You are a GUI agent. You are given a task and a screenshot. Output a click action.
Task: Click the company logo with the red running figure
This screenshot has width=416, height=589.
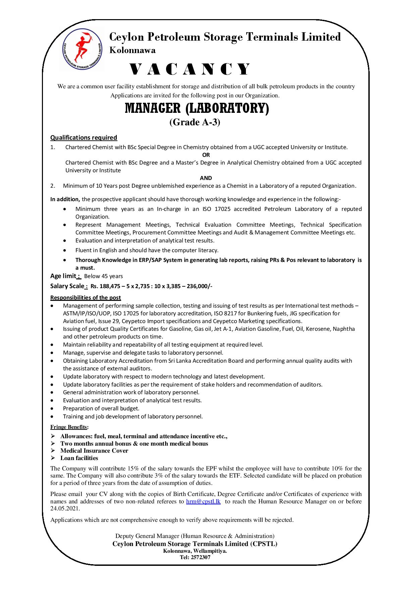point(83,49)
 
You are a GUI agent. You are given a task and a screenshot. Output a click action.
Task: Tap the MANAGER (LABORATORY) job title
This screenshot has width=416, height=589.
point(197,109)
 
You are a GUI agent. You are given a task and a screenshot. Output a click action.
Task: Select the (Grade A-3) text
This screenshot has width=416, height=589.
point(195,122)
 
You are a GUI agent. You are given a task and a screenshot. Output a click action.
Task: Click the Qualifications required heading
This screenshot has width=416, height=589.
point(84,137)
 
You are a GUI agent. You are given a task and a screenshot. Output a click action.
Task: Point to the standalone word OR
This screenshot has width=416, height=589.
point(206,155)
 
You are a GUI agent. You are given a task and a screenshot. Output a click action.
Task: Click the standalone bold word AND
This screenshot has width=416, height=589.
point(206,178)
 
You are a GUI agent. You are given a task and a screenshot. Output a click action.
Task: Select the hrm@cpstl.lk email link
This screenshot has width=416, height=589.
point(203,501)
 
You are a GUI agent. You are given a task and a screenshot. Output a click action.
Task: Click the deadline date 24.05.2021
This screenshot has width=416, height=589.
point(65,509)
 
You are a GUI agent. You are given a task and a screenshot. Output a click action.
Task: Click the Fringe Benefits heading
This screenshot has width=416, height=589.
point(69,427)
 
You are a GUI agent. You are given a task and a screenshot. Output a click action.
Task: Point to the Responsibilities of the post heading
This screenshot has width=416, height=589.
point(86,298)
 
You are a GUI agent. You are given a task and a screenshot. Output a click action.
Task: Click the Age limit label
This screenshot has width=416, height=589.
point(63,276)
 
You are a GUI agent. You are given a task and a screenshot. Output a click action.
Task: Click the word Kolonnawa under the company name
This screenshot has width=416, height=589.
point(133,51)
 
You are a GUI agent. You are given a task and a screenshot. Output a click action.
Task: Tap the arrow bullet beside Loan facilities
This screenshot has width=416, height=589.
point(53,458)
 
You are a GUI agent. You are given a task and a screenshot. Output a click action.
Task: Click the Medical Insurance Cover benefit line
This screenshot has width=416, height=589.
point(94,451)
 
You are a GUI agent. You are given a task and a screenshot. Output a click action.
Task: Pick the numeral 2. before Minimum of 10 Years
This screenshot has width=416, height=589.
point(52,186)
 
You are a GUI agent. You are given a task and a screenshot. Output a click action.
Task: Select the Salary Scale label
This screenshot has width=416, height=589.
point(67,286)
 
